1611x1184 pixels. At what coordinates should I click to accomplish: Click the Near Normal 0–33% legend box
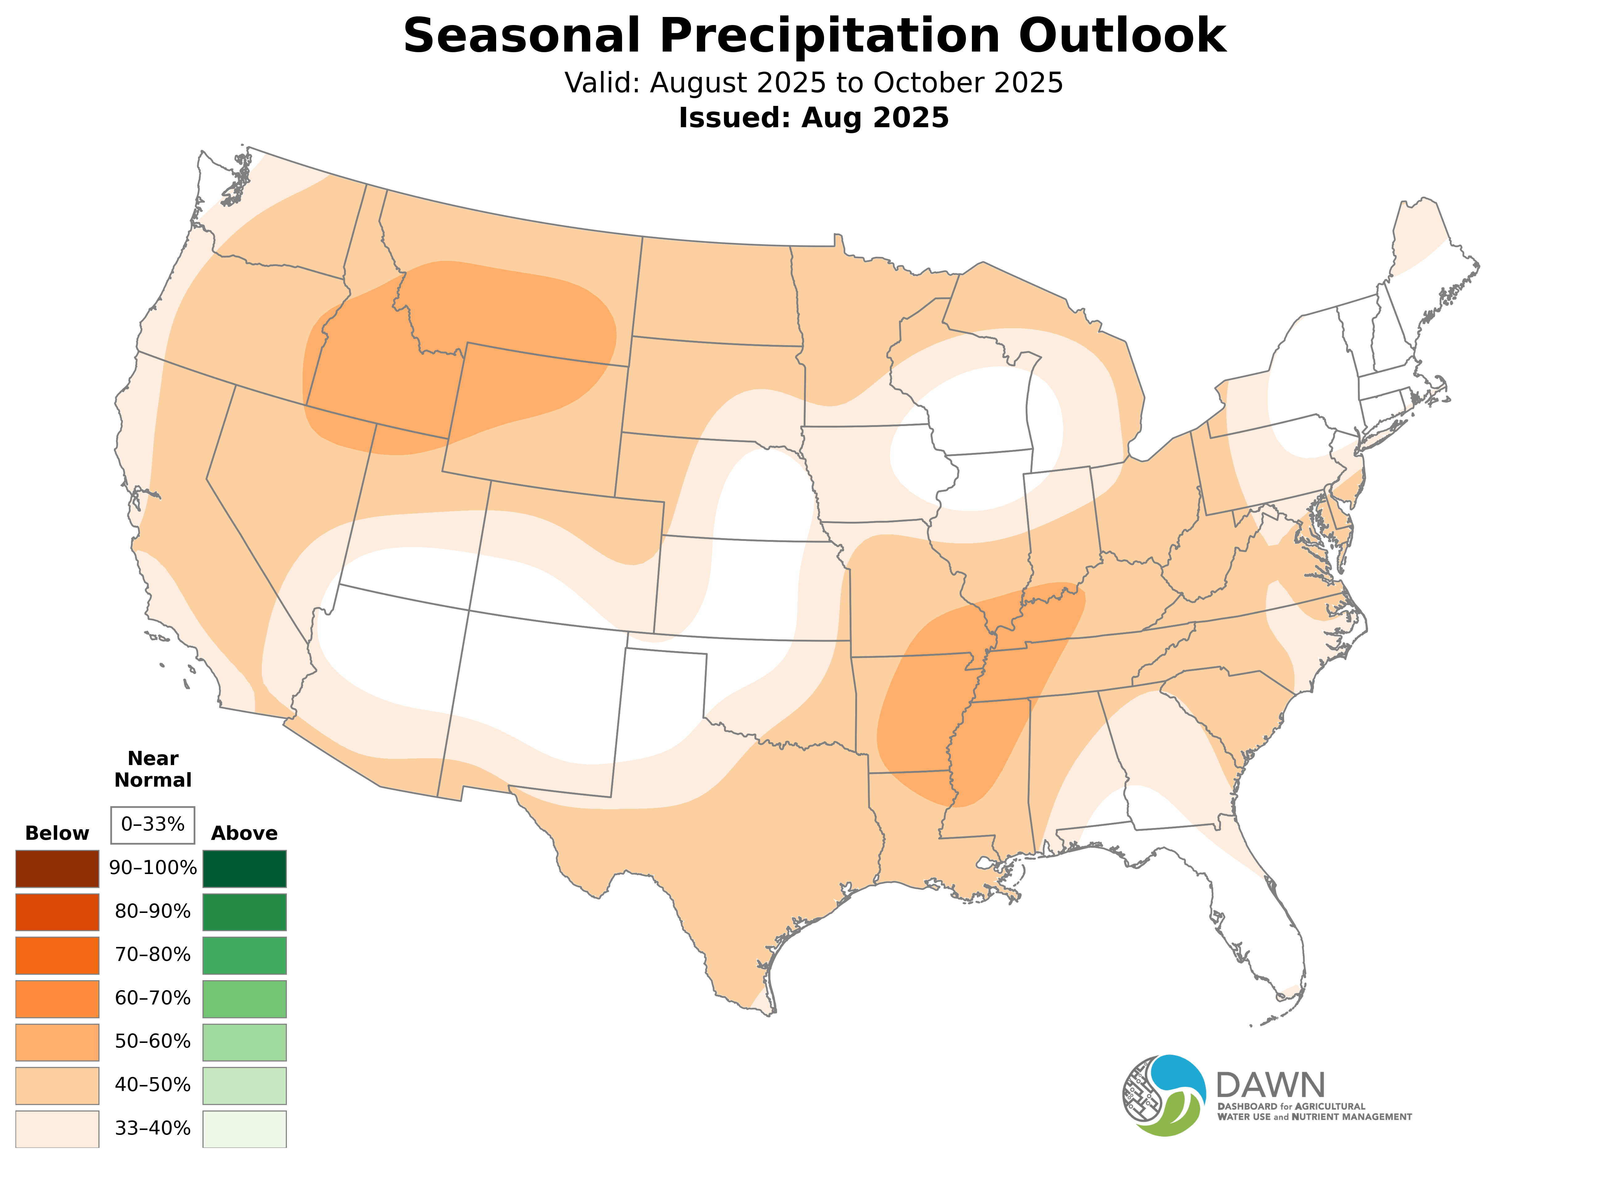[x=153, y=825]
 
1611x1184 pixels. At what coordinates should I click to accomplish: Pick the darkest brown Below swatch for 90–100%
[x=57, y=869]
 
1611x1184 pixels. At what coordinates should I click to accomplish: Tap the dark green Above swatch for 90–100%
[x=245, y=869]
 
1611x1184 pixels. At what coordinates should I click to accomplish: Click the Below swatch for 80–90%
[x=57, y=912]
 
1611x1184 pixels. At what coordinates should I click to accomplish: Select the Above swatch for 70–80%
[x=245, y=955]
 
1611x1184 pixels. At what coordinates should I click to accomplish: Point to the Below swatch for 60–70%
[x=57, y=998]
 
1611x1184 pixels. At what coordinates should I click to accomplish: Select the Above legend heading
[x=245, y=834]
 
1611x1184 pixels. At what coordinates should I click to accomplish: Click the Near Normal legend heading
[x=153, y=769]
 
